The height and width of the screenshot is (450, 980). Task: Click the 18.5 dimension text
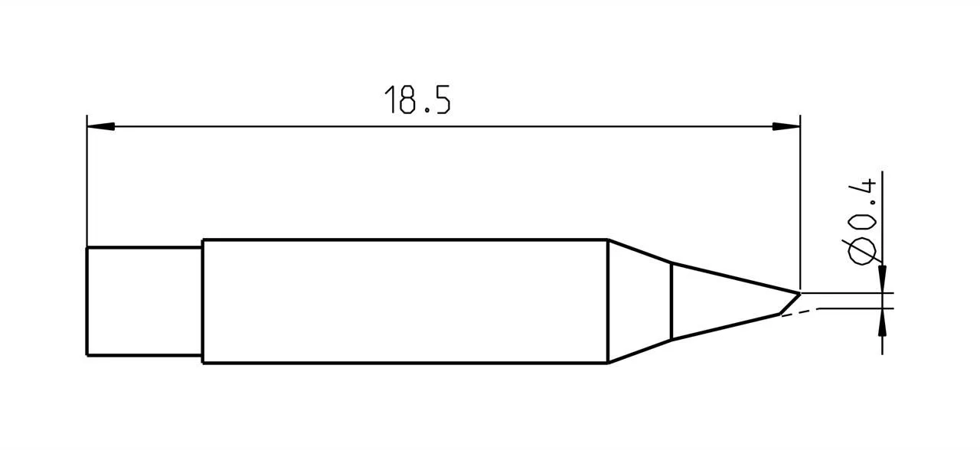click(x=417, y=100)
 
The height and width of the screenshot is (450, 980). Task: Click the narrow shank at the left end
click(x=144, y=302)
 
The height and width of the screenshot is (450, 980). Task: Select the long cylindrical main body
click(x=404, y=302)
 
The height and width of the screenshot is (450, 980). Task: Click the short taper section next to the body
click(x=639, y=302)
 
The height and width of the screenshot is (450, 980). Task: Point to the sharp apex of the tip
click(x=799, y=292)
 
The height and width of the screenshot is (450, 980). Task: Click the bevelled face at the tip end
click(x=789, y=303)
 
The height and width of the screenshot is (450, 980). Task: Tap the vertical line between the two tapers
click(x=671, y=302)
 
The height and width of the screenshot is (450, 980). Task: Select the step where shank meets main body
click(x=202, y=302)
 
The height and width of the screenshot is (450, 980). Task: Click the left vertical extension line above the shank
click(x=87, y=184)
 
